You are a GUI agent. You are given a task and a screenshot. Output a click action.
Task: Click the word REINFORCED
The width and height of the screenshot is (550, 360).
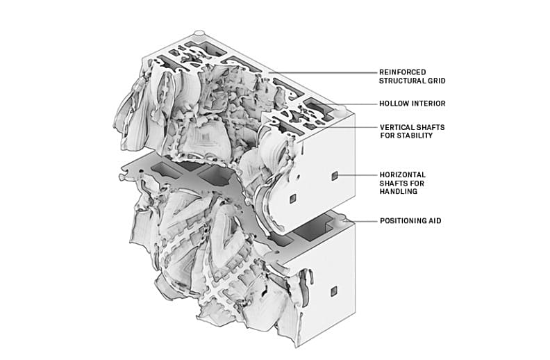click(403, 72)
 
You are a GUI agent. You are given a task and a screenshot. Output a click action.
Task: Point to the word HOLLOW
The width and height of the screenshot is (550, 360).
click(394, 104)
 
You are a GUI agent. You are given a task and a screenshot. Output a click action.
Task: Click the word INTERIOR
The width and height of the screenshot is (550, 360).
click(430, 104)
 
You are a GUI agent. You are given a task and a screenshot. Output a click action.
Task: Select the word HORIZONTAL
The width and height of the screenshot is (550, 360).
click(403, 174)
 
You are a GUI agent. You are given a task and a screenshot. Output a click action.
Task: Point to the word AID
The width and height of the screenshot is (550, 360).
click(436, 221)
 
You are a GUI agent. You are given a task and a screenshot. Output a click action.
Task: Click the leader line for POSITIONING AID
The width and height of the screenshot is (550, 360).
click(364, 221)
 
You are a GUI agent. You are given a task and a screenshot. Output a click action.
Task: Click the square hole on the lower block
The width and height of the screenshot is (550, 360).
click(334, 289)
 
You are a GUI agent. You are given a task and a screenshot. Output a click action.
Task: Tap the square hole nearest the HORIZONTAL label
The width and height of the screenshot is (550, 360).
click(334, 176)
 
